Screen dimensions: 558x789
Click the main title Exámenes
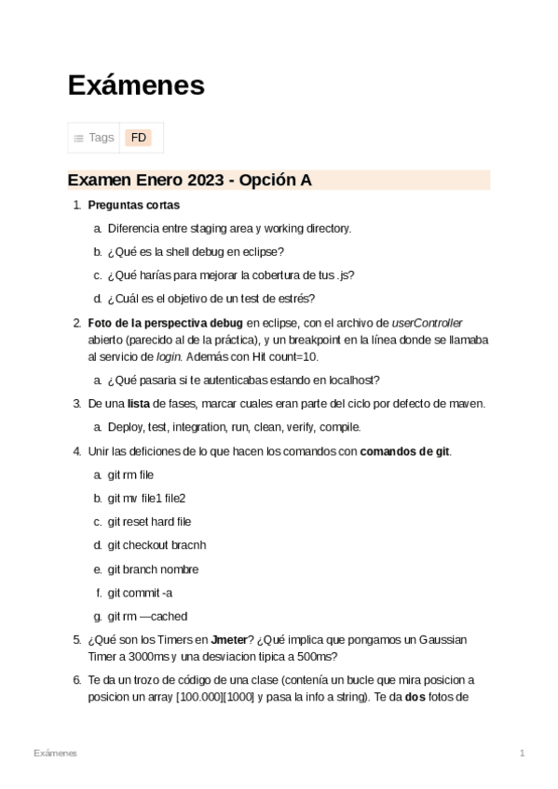[136, 86]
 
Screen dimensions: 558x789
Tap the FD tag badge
[139, 138]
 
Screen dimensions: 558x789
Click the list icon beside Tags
[79, 138]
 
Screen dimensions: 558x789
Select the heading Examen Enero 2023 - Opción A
[189, 181]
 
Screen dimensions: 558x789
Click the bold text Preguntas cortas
[133, 205]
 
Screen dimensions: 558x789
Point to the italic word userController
[427, 323]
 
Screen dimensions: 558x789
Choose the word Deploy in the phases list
[125, 427]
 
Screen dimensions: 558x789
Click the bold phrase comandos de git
[404, 451]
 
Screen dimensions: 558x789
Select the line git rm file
[130, 475]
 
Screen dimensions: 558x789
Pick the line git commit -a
[140, 593]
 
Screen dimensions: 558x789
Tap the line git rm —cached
[147, 616]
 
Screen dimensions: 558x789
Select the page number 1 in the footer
[523, 752]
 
